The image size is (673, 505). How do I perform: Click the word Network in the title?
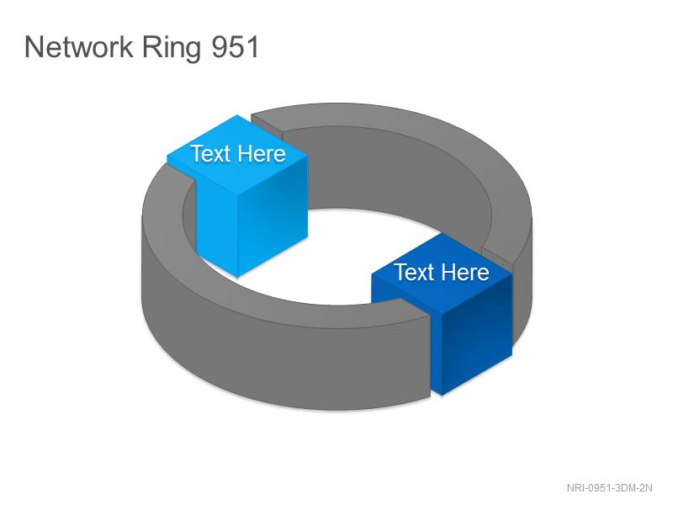click(x=79, y=46)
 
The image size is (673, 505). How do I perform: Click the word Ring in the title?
click(x=172, y=48)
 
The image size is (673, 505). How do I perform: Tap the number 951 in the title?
click(x=236, y=46)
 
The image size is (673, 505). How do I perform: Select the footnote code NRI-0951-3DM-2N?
click(x=609, y=488)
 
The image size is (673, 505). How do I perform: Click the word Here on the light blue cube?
click(x=262, y=154)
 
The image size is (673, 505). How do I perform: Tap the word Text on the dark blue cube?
click(x=414, y=272)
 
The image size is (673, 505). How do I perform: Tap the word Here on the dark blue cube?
click(x=465, y=272)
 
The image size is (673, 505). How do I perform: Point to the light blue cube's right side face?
click(x=273, y=215)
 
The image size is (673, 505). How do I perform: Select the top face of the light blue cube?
click(x=237, y=155)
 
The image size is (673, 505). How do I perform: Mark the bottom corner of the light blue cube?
click(x=237, y=278)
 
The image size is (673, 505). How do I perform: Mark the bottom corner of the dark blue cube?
click(x=442, y=396)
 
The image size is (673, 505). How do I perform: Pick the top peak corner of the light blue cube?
click(x=237, y=114)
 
